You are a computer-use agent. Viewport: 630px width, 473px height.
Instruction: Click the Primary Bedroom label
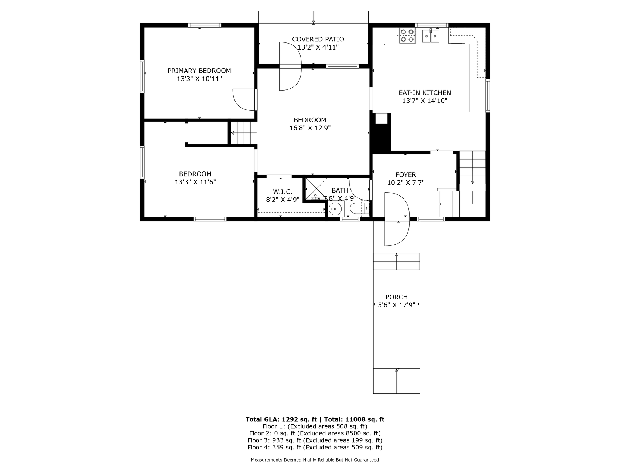(199, 71)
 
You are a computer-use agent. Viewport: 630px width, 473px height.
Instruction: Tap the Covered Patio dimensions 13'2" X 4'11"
(318, 47)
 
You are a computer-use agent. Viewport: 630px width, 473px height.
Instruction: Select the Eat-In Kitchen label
(425, 93)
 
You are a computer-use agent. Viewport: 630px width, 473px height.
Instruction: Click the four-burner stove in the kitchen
(407, 36)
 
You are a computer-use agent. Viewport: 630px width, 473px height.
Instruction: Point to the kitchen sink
(431, 36)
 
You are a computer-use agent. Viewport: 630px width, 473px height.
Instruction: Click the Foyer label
(405, 174)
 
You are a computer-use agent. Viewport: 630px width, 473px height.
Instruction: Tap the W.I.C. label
(283, 192)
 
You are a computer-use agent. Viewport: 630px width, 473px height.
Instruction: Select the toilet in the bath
(359, 209)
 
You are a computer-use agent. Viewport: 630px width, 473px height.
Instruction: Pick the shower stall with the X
(316, 189)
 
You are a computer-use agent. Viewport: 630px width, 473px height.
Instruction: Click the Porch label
(397, 297)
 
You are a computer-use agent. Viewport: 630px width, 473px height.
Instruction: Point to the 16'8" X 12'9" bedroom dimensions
(310, 128)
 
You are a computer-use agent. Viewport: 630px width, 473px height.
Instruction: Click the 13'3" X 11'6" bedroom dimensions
(195, 182)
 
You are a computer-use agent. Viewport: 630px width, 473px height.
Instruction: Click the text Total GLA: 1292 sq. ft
(281, 419)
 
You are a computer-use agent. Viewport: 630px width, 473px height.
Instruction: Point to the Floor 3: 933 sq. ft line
(315, 440)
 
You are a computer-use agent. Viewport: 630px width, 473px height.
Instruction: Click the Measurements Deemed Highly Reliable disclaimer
(315, 460)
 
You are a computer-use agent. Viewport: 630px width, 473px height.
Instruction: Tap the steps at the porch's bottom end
(397, 381)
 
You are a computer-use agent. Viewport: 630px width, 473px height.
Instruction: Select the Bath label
(340, 190)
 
